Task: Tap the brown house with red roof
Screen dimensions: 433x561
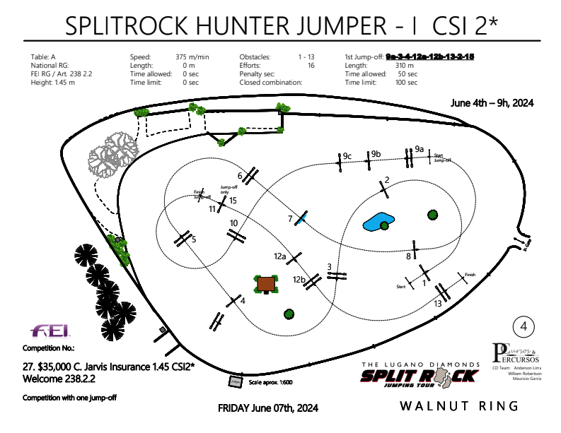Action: coord(267,284)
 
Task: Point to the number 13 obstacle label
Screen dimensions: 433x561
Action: coord(439,303)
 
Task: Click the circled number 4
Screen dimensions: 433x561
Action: coord(524,326)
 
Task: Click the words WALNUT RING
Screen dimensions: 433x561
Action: coord(459,406)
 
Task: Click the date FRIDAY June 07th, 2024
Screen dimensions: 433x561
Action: coord(268,408)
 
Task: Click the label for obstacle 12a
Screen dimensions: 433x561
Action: coord(280,256)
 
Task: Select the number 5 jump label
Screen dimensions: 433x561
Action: coord(193,239)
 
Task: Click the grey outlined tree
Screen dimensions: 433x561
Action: coord(112,154)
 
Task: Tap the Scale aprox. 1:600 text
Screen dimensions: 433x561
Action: coord(271,382)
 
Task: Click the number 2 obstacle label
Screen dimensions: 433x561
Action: coord(387,179)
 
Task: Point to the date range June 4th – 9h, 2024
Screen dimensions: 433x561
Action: coord(492,102)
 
